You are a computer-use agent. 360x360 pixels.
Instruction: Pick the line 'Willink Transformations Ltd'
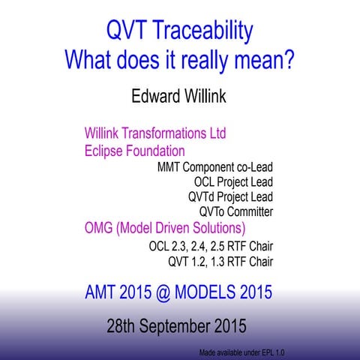[x=155, y=134]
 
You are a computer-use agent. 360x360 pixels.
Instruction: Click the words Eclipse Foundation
[x=134, y=151]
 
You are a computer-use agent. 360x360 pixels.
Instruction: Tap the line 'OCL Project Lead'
[x=232, y=181]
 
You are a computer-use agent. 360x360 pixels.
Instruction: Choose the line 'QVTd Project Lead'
[x=230, y=196]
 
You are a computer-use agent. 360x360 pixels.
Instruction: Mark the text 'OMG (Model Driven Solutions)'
[x=165, y=228]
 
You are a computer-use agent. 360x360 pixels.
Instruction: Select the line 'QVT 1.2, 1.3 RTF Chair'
[x=220, y=262]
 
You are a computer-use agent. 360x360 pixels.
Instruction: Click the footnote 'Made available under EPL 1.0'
[x=241, y=352]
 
